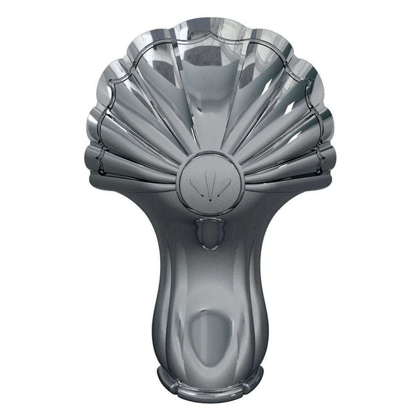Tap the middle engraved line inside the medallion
[210, 185]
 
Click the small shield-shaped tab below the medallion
[210, 233]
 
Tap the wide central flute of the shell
[210, 92]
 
